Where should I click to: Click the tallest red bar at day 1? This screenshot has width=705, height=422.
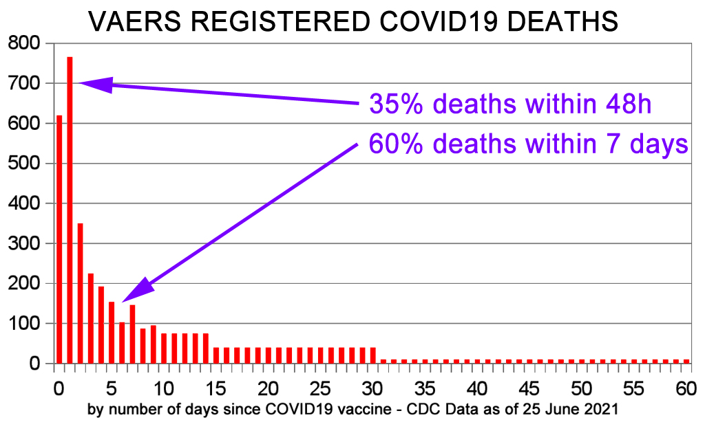pos(70,210)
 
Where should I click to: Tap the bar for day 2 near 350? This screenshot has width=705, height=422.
pos(81,293)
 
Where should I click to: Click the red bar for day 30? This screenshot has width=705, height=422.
pos(372,355)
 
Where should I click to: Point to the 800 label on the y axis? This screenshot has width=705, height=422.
pos(24,43)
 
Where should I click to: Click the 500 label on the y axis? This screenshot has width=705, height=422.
pos(24,164)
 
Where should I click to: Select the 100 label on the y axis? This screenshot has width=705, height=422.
pos(24,323)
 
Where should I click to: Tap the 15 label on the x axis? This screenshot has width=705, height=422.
pos(215,388)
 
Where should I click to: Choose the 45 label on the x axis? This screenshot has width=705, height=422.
pos(529,388)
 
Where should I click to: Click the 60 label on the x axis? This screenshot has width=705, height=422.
pos(686,388)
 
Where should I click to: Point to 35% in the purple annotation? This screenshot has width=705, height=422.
pos(396,104)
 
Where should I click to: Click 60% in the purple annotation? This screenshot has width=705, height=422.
pos(396,144)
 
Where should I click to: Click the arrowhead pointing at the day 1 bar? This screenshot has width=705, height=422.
pos(96,85)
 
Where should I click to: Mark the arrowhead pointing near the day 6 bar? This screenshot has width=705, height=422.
pos(138,289)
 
